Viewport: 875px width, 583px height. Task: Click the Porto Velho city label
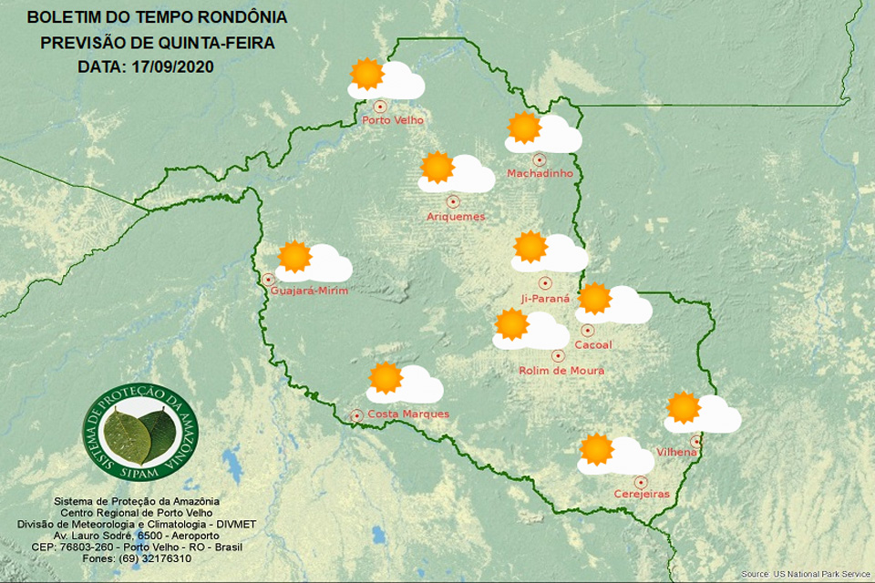(x=393, y=120)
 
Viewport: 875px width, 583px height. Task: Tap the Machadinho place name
(x=539, y=173)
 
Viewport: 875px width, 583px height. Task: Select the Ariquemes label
(x=456, y=217)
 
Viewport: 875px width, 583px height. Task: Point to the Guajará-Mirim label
(x=310, y=291)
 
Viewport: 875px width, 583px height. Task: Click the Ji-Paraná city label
(x=545, y=298)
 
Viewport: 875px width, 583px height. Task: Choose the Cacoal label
(x=593, y=344)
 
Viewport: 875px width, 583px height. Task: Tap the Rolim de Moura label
(x=561, y=371)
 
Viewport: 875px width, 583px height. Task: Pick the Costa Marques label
(x=409, y=414)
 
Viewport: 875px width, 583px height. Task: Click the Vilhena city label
(x=676, y=453)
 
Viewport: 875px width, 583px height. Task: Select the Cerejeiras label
(x=642, y=494)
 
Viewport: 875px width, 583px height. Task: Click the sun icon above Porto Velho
(x=366, y=73)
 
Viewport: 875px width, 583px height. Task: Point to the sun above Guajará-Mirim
(x=294, y=257)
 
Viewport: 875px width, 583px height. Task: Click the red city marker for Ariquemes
(x=452, y=201)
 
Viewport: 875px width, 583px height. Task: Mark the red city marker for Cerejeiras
(x=641, y=481)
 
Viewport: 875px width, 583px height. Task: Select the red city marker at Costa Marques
(x=357, y=415)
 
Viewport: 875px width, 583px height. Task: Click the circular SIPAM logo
(x=140, y=432)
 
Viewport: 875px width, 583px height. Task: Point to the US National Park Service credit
(x=806, y=574)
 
